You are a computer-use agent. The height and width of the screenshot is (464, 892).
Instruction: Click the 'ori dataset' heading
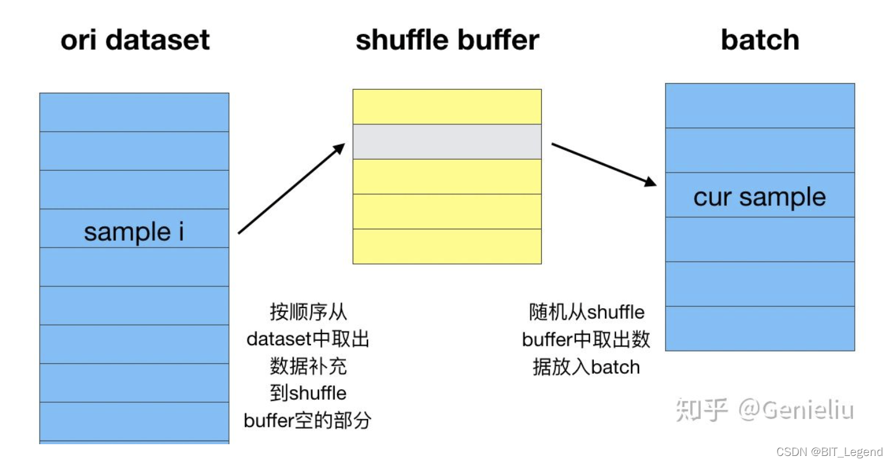(135, 40)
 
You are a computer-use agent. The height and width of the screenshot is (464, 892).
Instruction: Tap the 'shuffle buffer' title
(447, 40)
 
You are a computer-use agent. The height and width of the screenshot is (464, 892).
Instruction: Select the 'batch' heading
(760, 40)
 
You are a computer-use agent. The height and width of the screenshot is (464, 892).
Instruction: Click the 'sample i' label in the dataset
(134, 232)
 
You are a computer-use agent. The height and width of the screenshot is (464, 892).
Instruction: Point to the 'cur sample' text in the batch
(760, 197)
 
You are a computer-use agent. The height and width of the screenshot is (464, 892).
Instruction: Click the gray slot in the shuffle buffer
(447, 142)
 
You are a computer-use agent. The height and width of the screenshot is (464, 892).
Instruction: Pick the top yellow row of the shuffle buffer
(447, 107)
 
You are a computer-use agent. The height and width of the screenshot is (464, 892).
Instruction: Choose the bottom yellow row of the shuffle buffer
(447, 246)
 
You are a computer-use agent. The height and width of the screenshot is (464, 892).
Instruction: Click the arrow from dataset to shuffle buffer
(291, 188)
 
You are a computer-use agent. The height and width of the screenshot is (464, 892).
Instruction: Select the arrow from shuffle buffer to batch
(604, 164)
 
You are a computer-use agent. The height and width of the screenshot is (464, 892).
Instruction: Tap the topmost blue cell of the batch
(760, 106)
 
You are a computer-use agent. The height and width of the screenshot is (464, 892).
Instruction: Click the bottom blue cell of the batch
(760, 329)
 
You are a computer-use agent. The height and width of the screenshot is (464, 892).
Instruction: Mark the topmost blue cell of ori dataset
(134, 112)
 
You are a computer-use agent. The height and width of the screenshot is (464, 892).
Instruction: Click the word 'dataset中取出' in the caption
(307, 339)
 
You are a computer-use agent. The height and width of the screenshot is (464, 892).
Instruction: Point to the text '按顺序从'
(307, 312)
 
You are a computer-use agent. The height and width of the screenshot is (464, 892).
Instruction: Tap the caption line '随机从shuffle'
(586, 312)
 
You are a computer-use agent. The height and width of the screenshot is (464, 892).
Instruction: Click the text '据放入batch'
(586, 367)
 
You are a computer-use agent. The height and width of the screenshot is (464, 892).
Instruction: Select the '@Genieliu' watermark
(796, 410)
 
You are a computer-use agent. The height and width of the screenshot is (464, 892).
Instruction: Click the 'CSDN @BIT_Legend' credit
(830, 452)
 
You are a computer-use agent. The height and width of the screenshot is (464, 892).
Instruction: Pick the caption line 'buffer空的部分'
(307, 421)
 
